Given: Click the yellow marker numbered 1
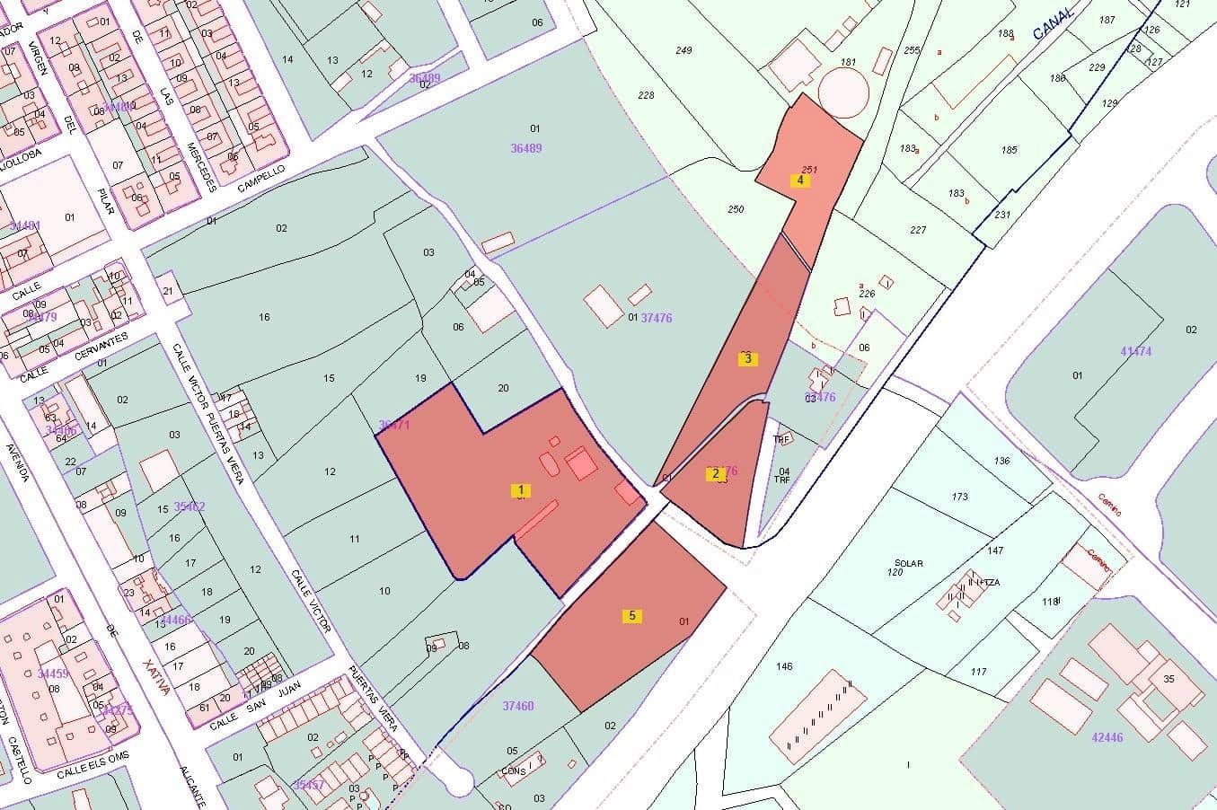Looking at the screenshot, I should (521, 490).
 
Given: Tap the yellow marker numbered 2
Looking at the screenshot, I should (716, 474).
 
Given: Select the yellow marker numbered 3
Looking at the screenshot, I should (747, 359).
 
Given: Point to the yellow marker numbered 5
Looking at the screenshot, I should (632, 616).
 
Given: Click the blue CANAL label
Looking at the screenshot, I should (1054, 24).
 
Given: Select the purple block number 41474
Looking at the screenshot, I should (1136, 352).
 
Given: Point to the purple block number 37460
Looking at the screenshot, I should (518, 706).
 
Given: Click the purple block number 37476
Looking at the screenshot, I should (657, 318).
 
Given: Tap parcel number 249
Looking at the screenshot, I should (683, 50).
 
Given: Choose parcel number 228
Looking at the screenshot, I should (646, 95).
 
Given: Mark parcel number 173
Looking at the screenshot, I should (960, 497).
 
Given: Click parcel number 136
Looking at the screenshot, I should (1001, 462).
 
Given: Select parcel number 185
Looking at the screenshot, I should (1010, 150).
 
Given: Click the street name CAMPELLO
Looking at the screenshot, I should (261, 177).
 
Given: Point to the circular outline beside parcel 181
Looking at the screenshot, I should (844, 92).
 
